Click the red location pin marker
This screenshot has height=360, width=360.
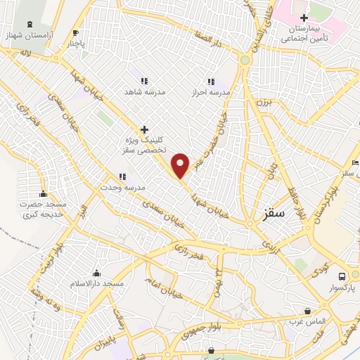(181, 165)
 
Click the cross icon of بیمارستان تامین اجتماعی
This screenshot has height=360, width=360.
(303, 18)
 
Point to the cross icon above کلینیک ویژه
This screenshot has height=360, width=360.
(145, 129)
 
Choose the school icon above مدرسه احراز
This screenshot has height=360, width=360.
(211, 81)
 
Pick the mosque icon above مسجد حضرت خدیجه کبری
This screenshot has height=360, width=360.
(44, 194)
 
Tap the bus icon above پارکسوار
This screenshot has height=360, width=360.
(342, 276)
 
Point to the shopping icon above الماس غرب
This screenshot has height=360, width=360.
(307, 310)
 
